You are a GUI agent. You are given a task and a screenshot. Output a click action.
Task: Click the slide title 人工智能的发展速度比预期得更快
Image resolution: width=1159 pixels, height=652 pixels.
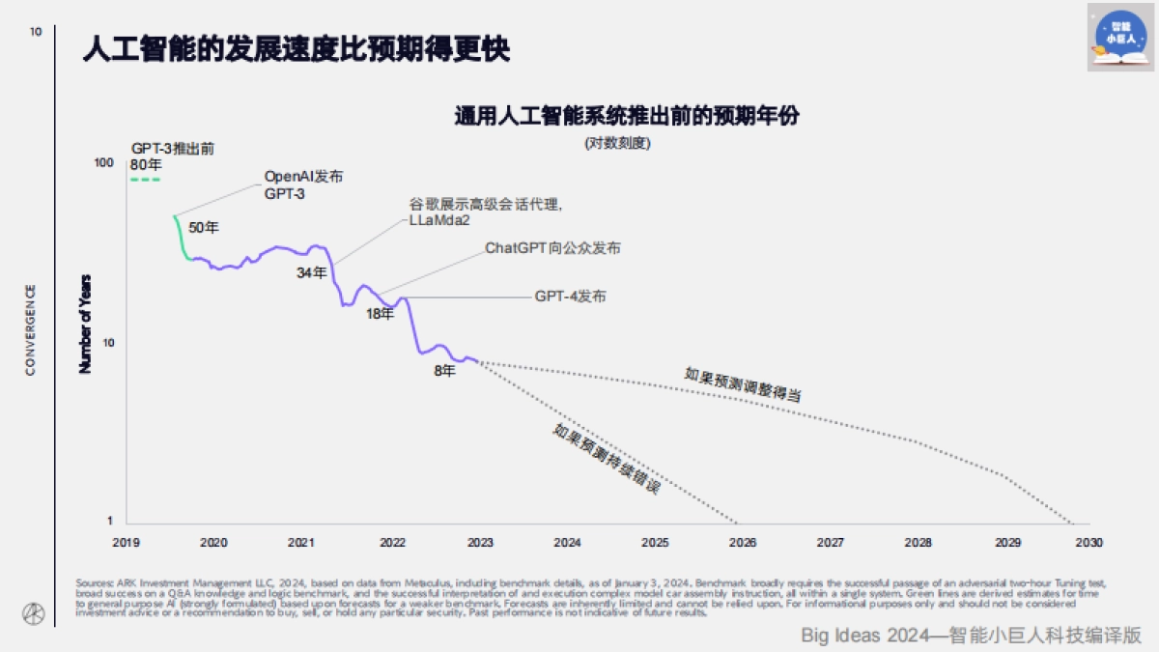coord(296,49)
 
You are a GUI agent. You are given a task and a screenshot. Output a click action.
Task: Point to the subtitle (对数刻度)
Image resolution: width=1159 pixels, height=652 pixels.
coord(617,143)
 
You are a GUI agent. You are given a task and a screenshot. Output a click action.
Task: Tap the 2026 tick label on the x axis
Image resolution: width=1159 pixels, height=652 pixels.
coord(742,542)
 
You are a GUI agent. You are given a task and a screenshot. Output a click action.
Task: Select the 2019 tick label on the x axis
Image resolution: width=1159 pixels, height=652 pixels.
coord(127,542)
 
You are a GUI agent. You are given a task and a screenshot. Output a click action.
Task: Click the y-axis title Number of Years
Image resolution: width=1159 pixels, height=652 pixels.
coord(85,324)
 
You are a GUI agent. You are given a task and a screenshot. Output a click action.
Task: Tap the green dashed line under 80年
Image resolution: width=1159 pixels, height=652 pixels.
coord(145,180)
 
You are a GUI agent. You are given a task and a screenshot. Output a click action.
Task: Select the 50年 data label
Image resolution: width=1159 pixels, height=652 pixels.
coord(204,228)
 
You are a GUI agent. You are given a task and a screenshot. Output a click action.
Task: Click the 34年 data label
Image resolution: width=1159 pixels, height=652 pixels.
coord(311,273)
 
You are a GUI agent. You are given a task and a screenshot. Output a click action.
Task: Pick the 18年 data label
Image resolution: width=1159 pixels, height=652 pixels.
coord(381,313)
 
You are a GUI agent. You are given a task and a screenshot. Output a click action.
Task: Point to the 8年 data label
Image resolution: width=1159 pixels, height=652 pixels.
coord(444,370)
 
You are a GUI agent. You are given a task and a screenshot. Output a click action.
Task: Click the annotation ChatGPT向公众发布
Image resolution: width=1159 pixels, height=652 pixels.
coord(552,248)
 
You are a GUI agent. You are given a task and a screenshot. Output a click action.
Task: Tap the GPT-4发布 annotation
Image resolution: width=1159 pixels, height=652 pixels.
coord(571,297)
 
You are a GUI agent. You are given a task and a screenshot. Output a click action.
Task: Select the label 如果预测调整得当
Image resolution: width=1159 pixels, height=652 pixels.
coord(744,384)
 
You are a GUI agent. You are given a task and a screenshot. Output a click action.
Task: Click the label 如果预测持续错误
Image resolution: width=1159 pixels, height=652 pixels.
coord(607,460)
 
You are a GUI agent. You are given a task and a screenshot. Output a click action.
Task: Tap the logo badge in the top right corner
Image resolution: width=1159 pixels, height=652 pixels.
coord(1120,37)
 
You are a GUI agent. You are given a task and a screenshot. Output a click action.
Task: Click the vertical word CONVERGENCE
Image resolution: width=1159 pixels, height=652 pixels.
coord(31,329)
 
